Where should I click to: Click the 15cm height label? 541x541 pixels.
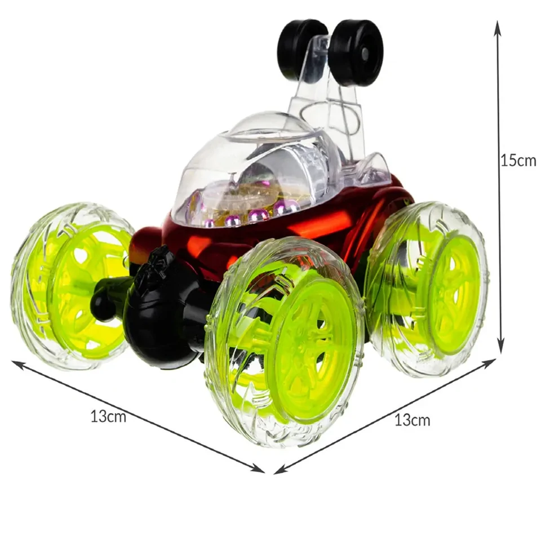pyautogui.click(x=518, y=160)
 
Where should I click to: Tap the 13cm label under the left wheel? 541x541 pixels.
pyautogui.click(x=108, y=416)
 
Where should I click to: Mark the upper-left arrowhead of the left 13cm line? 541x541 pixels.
pyautogui.click(x=18, y=364)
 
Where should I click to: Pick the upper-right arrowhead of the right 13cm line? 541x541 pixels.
pyautogui.click(x=489, y=362)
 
